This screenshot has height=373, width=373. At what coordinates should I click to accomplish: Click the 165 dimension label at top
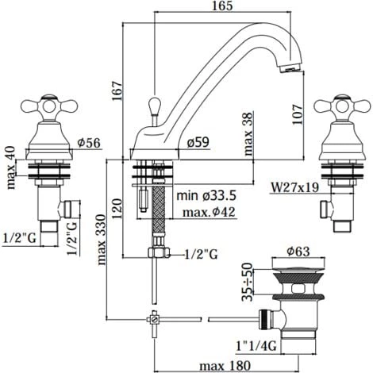coord(222,6)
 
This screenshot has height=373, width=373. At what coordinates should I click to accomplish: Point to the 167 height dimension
coord(117,90)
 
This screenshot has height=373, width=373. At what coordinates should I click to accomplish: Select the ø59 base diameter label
coord(198,142)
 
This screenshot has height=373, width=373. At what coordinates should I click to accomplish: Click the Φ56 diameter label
coord(89,143)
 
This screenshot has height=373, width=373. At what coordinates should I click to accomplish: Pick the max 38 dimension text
coord(248,134)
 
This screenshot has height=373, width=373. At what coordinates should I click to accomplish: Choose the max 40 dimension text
coord(11,167)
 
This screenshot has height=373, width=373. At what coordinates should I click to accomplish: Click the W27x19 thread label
coord(295,187)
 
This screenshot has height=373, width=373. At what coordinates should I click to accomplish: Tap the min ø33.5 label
coord(206,195)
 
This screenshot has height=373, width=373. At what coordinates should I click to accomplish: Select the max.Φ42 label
coord(209,212)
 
